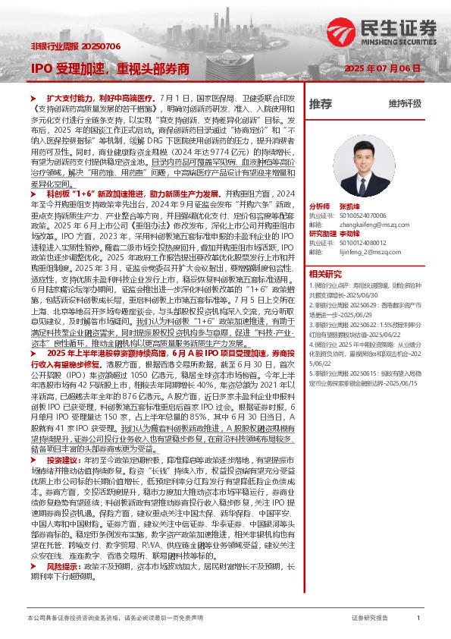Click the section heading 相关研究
(325, 272)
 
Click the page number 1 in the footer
(418, 619)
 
